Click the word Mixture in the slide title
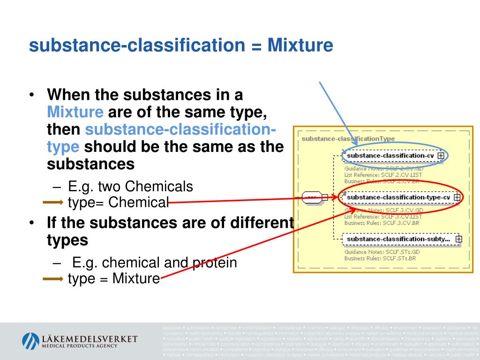300,46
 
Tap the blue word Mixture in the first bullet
75,112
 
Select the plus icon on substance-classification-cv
441,155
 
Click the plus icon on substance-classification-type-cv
457,197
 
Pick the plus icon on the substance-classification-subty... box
458,239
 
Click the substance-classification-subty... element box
398,239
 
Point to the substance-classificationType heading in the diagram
348,139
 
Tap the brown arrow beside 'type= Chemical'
52,202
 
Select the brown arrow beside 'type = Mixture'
52,279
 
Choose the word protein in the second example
215,262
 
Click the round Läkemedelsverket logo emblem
30,341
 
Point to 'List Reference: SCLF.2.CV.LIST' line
383,175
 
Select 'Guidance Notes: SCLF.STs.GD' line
382,252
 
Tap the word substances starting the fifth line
90,164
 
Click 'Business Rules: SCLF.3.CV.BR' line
382,223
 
